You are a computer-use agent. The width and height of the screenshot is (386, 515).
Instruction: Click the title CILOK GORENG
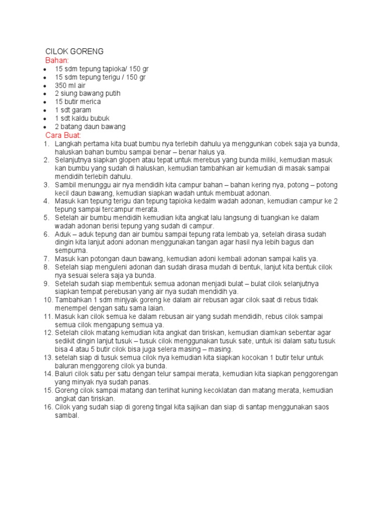click(x=74, y=52)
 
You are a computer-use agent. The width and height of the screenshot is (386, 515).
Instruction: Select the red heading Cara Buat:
click(x=63, y=135)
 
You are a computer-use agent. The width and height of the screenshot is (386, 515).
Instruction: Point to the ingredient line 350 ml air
click(x=70, y=85)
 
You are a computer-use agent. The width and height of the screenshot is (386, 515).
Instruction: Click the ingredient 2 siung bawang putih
click(x=87, y=94)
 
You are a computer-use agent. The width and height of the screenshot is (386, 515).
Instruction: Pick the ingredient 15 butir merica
click(x=78, y=102)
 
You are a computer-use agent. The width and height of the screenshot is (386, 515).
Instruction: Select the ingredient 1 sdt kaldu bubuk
click(x=82, y=118)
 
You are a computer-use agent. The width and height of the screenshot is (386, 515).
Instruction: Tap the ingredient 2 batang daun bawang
click(x=90, y=127)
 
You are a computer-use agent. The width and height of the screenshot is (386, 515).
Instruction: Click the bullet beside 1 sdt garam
click(x=45, y=110)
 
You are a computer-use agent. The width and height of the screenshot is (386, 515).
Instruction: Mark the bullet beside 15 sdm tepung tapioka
click(x=45, y=69)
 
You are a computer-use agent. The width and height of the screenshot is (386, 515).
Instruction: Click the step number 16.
click(x=48, y=407)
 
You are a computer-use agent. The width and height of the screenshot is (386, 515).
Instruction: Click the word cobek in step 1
click(x=273, y=144)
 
